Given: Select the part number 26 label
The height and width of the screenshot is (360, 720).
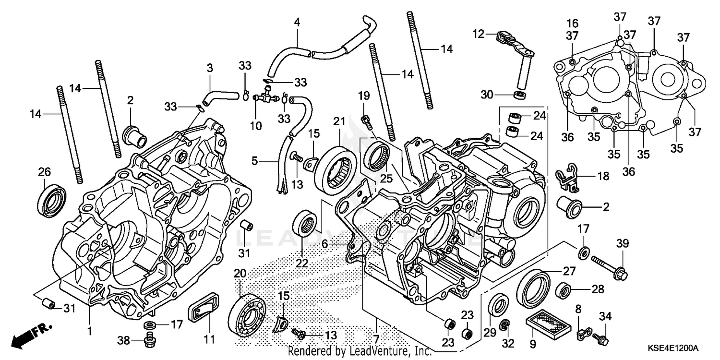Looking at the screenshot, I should pos(44,172).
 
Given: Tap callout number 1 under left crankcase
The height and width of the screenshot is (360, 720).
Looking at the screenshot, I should pos(89,332).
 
